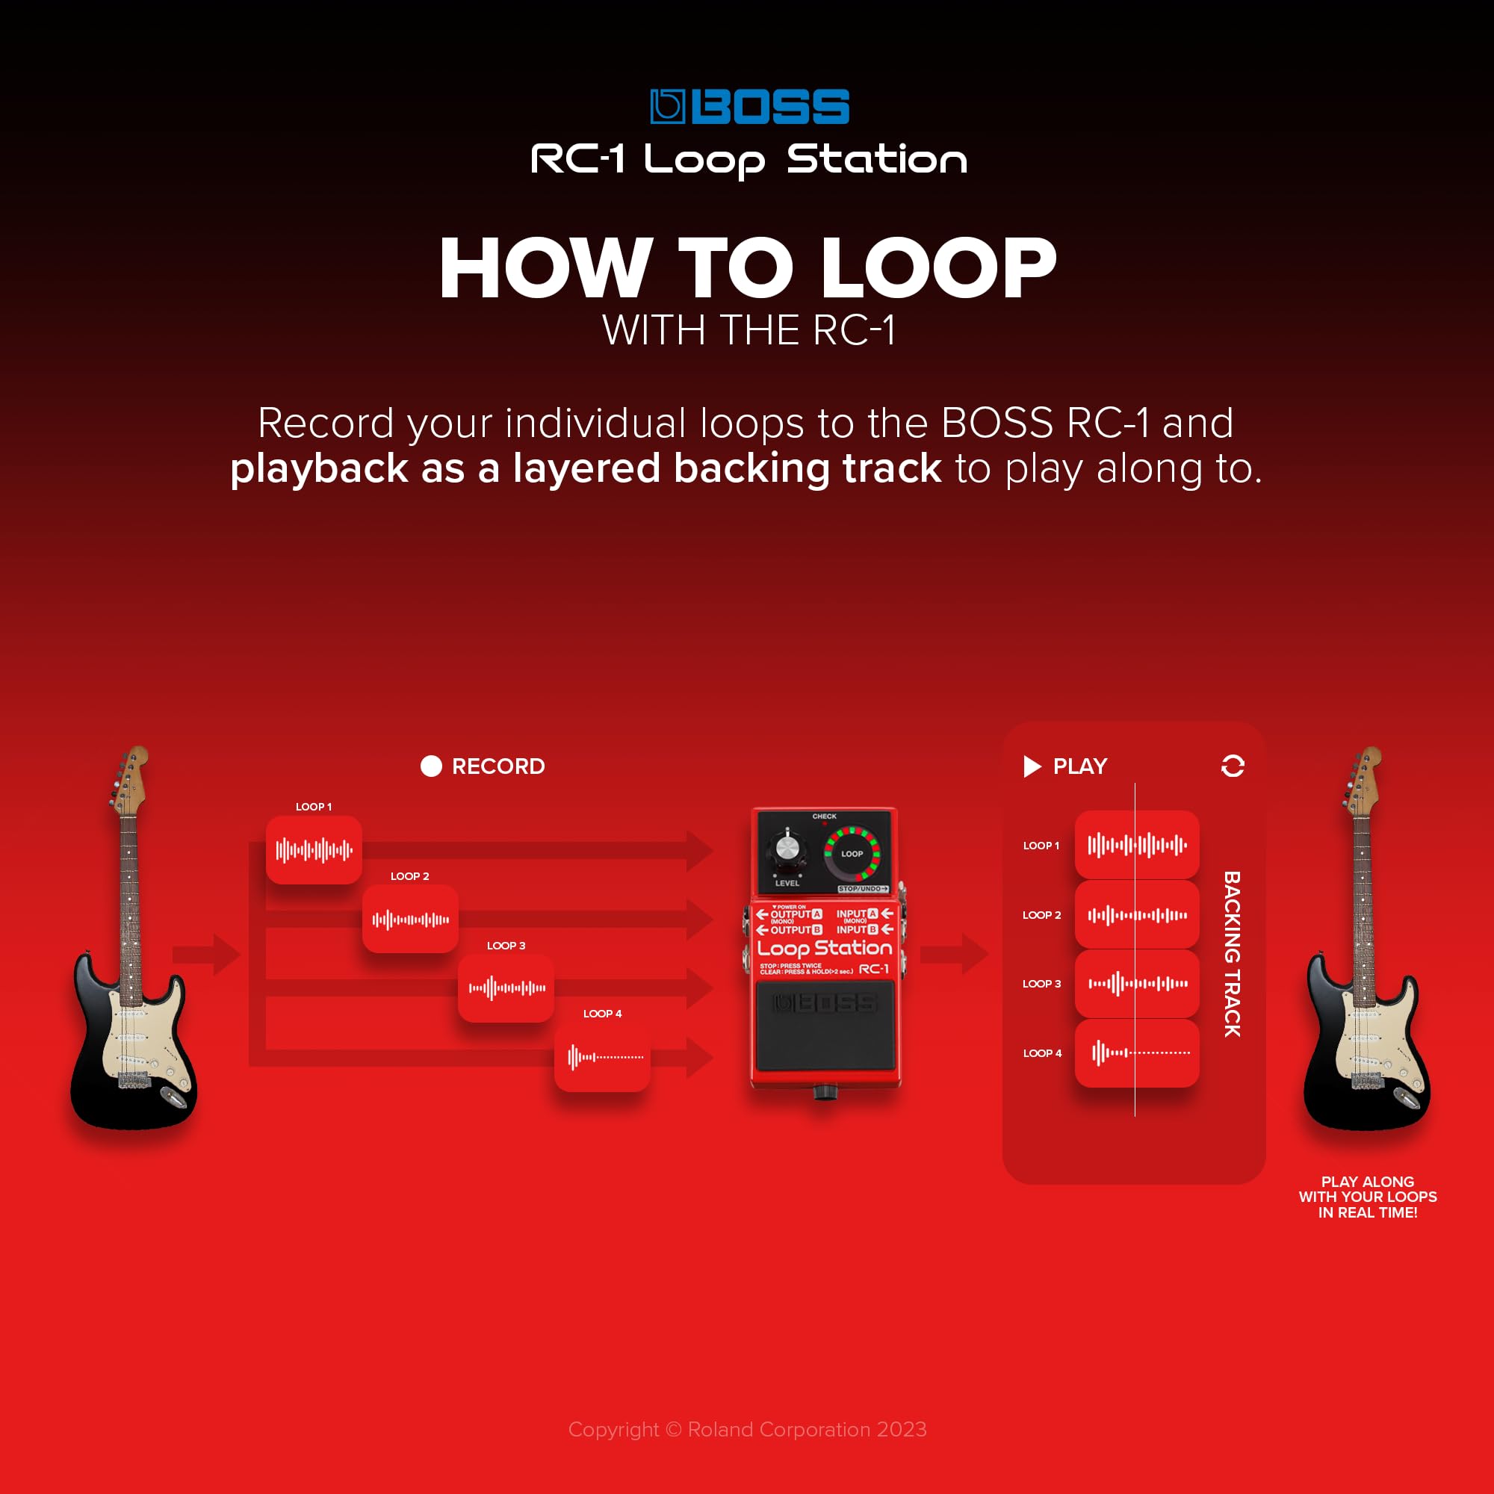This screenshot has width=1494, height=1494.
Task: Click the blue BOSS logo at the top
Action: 748,107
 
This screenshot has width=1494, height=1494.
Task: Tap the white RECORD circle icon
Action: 431,766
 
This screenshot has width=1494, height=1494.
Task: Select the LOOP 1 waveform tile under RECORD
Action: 314,850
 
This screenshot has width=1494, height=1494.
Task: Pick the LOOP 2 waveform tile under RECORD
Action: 410,920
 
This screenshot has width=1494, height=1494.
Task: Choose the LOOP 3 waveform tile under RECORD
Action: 506,988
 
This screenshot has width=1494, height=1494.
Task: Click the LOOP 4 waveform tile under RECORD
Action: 602,1056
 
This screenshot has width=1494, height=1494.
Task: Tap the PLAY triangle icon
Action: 1032,766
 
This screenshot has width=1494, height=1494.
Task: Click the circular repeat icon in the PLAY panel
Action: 1233,766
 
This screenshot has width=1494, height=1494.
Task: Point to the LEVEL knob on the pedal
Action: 787,849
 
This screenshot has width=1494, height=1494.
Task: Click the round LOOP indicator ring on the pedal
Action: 852,854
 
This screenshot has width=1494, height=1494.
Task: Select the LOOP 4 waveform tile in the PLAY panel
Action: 1137,1053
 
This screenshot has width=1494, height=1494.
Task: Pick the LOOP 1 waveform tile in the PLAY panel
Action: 1137,844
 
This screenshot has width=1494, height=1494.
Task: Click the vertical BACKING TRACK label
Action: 1232,953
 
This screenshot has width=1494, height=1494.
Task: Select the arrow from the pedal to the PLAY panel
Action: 955,953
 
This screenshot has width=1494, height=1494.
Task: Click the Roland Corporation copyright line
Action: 747,1429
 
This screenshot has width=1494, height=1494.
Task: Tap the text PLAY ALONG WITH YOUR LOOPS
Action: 1367,1196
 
